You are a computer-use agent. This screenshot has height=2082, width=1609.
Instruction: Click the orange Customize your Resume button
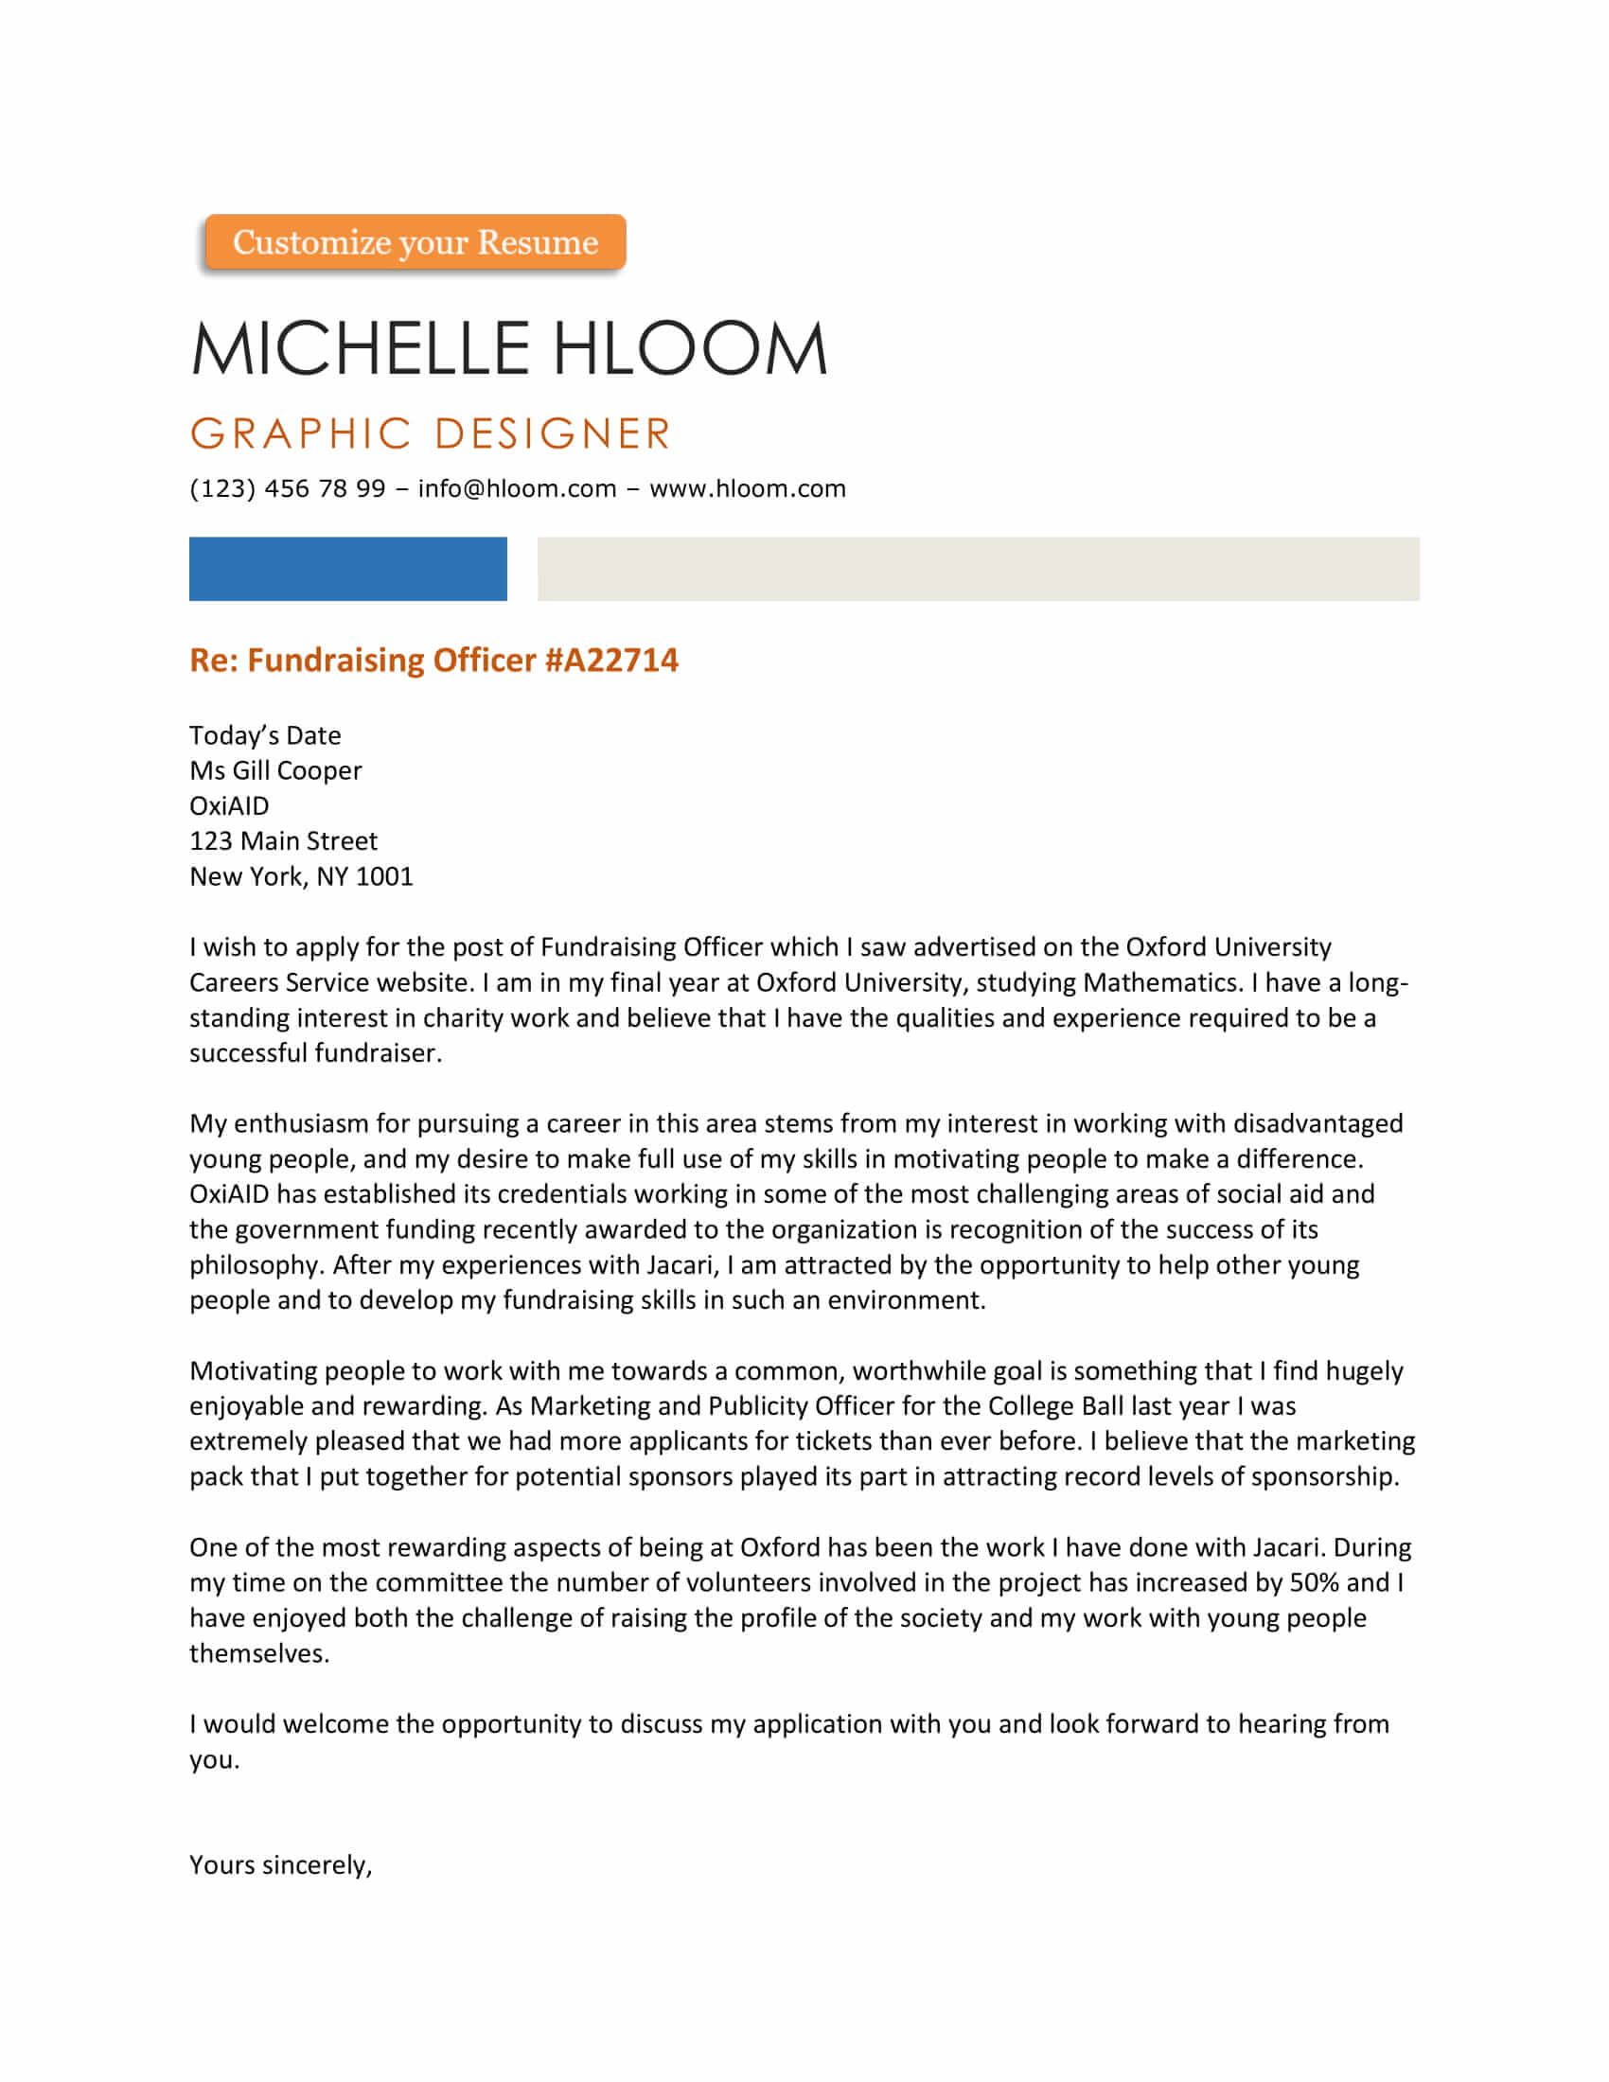(x=415, y=242)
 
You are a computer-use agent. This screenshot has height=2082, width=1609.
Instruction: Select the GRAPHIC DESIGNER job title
(x=431, y=433)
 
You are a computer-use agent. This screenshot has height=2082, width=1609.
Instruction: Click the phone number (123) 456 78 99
(x=287, y=489)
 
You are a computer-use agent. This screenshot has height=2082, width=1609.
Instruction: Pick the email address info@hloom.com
(x=517, y=489)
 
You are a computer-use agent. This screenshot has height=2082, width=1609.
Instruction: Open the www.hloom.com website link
(x=748, y=489)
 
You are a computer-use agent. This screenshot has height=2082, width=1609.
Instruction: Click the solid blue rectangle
(x=348, y=569)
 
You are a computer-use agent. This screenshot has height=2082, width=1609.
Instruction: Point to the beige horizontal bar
(x=978, y=569)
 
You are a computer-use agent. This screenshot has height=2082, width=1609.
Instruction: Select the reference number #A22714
(x=611, y=661)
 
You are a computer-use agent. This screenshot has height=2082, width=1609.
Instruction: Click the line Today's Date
(x=265, y=736)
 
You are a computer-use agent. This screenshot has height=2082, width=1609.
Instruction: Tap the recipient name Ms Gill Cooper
(x=275, y=771)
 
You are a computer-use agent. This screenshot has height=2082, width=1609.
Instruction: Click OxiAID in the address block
(x=229, y=806)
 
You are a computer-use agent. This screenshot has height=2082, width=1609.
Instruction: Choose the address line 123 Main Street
(x=283, y=841)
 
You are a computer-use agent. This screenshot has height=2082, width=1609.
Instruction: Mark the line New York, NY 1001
(x=301, y=877)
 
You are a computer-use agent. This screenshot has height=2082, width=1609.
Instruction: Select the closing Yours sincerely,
(x=280, y=1865)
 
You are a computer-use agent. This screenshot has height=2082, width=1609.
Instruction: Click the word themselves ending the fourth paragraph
(x=258, y=1654)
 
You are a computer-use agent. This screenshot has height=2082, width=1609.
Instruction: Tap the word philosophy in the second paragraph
(x=256, y=1266)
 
